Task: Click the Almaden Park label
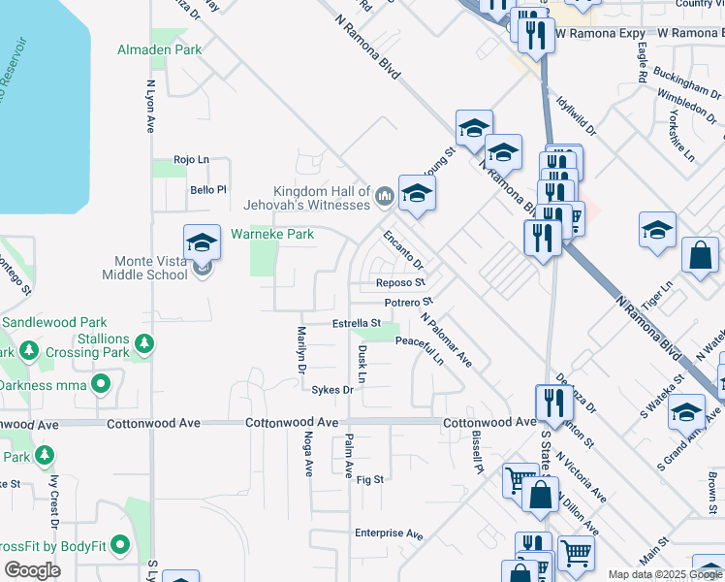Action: pyautogui.click(x=159, y=48)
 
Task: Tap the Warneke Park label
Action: pyautogui.click(x=272, y=234)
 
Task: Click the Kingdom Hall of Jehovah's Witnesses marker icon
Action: pyautogui.click(x=385, y=196)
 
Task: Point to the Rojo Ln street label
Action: pyautogui.click(x=191, y=159)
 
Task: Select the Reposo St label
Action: pyautogui.click(x=400, y=283)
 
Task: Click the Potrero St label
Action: pyautogui.click(x=405, y=304)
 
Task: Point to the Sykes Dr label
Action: pyautogui.click(x=331, y=390)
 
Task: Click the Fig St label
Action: pyautogui.click(x=370, y=479)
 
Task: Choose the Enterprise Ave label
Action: pyautogui.click(x=389, y=533)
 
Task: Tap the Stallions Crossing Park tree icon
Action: pyautogui.click(x=144, y=342)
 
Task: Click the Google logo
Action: pyautogui.click(x=32, y=569)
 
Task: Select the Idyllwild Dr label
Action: pyautogui.click(x=578, y=115)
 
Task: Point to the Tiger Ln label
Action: pyautogui.click(x=662, y=291)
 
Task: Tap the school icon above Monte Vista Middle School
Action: pyautogui.click(x=202, y=241)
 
